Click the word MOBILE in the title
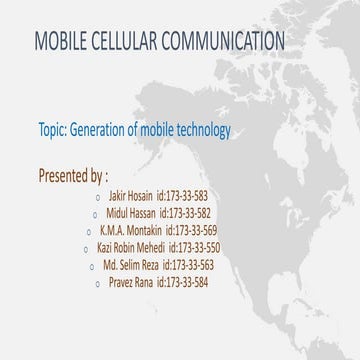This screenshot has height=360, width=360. pyautogui.click(x=63, y=41)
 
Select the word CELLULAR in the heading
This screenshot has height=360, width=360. pyautogui.click(x=139, y=41)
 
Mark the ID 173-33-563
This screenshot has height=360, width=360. pyautogui.click(x=207, y=265)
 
